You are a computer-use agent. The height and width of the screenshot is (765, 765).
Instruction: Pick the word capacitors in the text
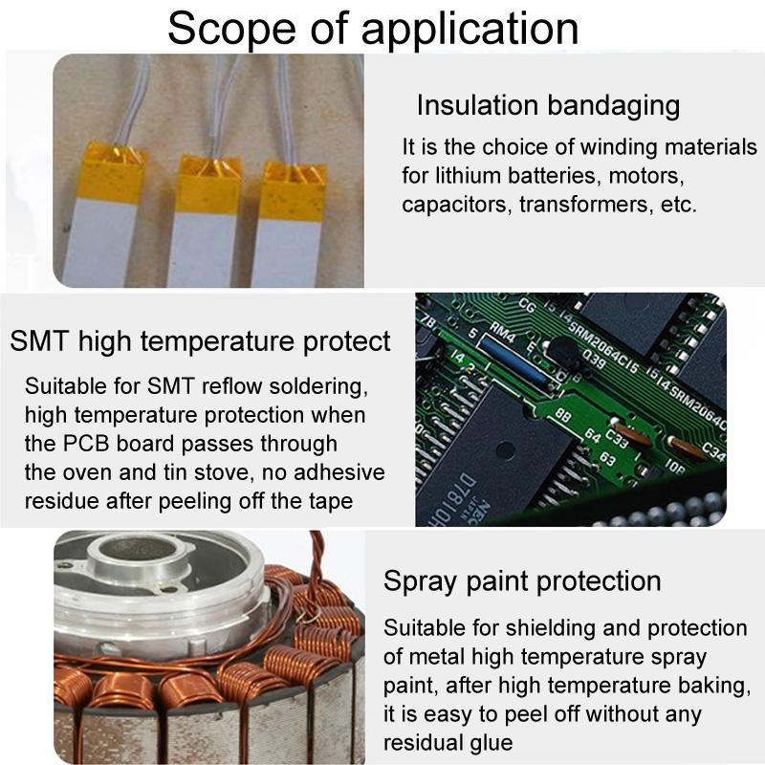pos(456,205)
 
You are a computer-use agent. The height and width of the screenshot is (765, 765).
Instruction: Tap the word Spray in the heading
pos(417,580)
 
